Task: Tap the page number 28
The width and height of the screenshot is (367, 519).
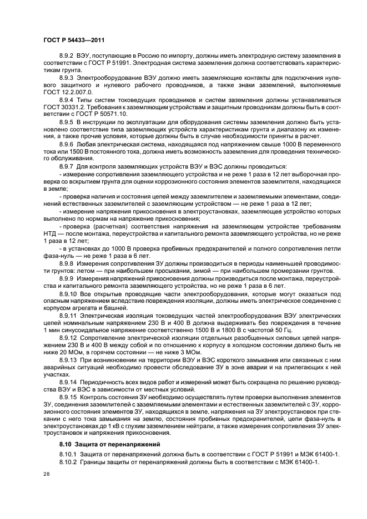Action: point(46,475)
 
